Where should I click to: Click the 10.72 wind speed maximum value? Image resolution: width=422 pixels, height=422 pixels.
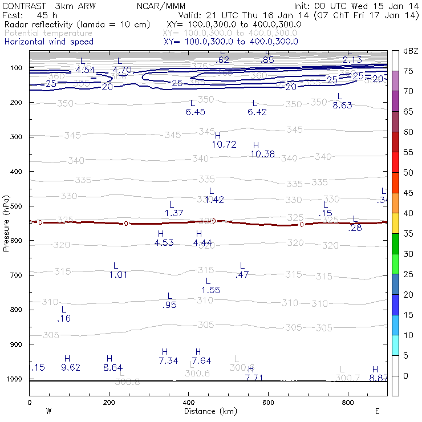(224, 144)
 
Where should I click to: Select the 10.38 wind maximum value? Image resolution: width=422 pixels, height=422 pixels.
(263, 154)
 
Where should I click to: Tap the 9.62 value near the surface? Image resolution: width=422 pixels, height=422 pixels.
(71, 367)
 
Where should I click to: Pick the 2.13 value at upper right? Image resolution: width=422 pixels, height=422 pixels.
(352, 60)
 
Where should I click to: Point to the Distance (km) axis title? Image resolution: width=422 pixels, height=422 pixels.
(208, 411)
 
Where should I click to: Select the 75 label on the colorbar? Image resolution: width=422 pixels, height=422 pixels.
(409, 71)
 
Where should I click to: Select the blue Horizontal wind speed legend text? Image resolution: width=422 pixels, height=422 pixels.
(49, 42)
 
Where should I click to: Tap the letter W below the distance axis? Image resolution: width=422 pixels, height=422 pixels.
(49, 411)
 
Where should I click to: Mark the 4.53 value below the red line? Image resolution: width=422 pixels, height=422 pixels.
(164, 242)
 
